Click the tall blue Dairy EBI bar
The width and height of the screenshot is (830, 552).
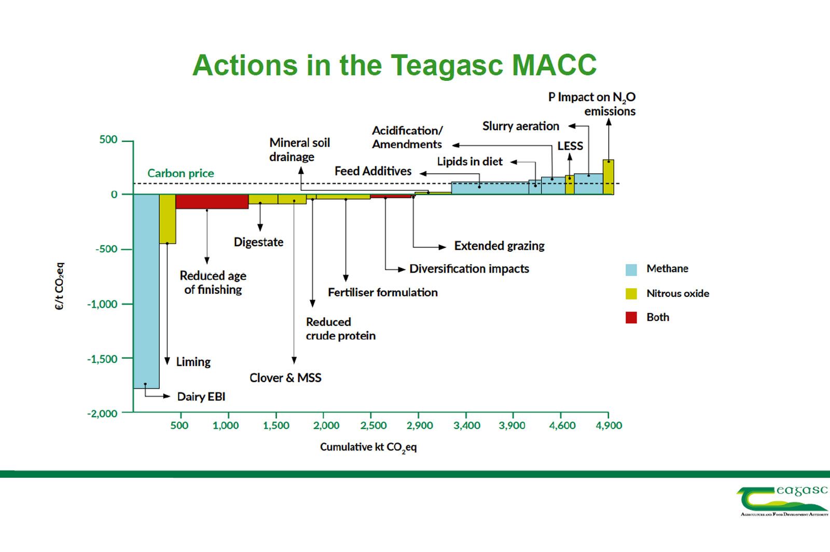coord(146,291)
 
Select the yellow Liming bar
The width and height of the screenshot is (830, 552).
coord(168,219)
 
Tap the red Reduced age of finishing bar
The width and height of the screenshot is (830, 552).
coord(212,202)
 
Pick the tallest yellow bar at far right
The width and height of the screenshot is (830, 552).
coord(608,177)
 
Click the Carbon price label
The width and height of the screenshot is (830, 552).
coord(181,173)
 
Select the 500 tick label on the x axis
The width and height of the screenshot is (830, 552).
coord(179,426)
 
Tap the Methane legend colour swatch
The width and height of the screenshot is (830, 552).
coord(631,270)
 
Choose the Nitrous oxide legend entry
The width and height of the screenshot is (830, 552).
coord(667,293)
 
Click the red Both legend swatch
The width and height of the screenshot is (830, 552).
coord(631,318)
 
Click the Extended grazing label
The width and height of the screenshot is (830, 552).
coord(500,246)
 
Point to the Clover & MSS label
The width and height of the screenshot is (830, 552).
coord(285,378)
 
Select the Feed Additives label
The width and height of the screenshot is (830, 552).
coord(373,171)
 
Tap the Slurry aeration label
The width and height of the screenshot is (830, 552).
coord(521,126)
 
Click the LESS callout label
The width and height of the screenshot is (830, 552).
coord(570,146)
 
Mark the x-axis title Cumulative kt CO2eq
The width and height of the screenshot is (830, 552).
coord(368,448)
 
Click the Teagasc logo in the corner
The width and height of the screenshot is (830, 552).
coord(782,501)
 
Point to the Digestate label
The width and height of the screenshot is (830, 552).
coord(259,243)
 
